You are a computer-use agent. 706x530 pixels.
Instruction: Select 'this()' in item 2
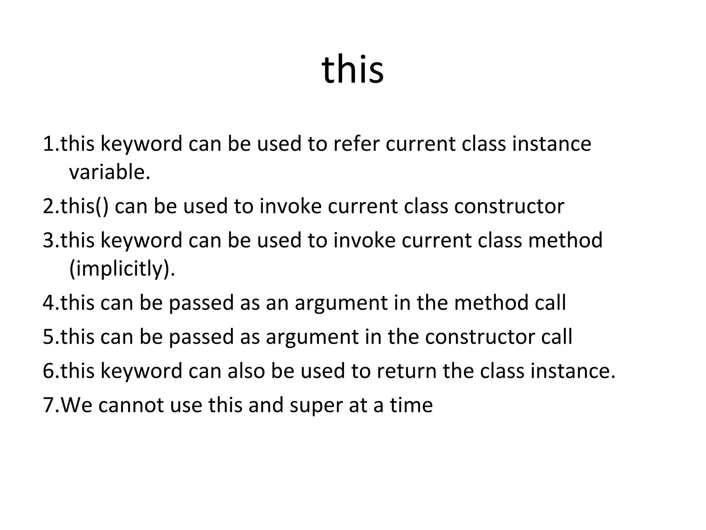84,206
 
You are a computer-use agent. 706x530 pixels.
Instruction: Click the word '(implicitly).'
122,269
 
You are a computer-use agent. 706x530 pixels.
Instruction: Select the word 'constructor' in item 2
509,206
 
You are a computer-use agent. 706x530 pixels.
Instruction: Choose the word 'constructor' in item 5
480,337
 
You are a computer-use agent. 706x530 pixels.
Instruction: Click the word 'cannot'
131,405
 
